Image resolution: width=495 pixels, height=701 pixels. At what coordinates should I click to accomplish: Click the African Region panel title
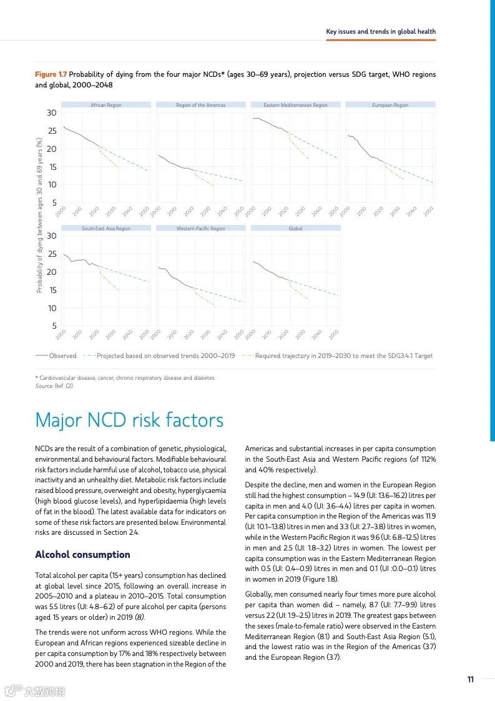[x=106, y=105]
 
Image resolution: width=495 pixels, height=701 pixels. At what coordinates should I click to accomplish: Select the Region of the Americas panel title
[x=200, y=105]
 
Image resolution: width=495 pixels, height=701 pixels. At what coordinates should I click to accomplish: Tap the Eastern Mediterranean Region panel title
[x=295, y=105]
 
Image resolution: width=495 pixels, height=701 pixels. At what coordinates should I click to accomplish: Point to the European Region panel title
[x=390, y=105]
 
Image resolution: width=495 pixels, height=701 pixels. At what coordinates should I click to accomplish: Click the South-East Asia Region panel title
[x=106, y=229]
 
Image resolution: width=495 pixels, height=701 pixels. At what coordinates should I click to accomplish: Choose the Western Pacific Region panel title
[x=200, y=229]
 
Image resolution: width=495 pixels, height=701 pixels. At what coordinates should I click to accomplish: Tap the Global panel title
[x=295, y=229]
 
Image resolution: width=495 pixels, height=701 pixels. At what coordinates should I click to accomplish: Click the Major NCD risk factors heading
[x=129, y=420]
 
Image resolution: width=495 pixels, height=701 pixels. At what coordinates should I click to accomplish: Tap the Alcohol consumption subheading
[x=82, y=555]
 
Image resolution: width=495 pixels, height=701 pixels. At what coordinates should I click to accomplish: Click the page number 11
[x=471, y=680]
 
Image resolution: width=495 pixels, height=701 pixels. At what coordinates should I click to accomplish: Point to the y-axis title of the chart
[x=39, y=216]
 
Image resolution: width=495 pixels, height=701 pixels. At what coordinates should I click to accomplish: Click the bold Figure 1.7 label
[x=51, y=74]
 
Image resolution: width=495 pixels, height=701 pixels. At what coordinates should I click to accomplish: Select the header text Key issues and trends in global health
[x=381, y=31]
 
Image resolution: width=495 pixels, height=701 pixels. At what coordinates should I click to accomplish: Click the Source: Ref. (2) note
[x=54, y=386]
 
